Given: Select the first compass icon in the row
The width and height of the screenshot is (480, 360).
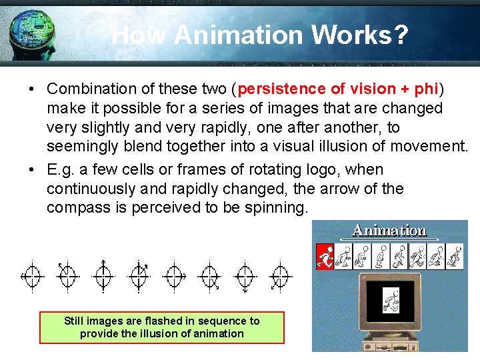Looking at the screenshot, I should click(32, 275).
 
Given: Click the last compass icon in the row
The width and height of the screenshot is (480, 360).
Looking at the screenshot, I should click(281, 275).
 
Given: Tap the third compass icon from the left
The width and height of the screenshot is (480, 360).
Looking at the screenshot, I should click(103, 274).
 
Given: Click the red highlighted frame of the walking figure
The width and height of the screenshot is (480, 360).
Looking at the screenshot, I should click(325, 256).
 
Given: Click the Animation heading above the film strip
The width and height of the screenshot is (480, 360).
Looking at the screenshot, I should click(389, 231).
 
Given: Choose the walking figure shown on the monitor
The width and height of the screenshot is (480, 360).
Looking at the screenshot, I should click(391, 301).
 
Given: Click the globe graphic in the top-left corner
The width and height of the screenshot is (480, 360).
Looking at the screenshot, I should click(30, 30).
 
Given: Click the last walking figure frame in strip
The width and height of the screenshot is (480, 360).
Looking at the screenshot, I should click(455, 256).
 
